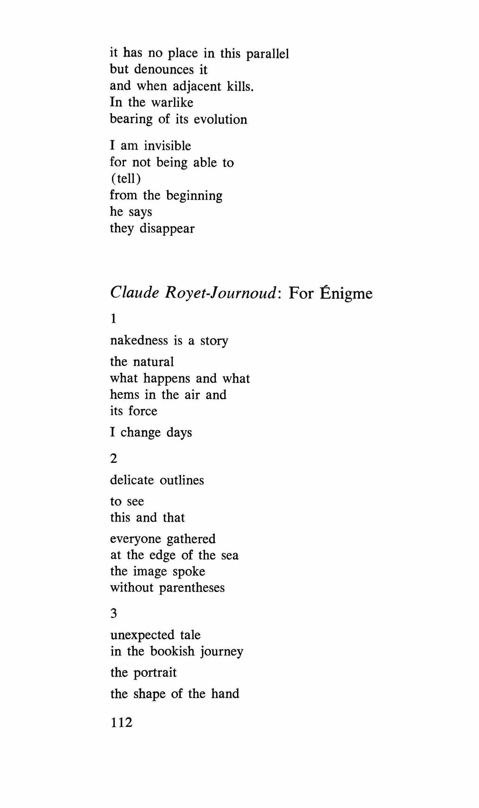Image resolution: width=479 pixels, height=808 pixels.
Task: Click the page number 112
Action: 121,722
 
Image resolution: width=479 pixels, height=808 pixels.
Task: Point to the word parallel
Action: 267,54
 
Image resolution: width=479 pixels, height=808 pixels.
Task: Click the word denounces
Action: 164,69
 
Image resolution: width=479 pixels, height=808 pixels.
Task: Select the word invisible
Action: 167,146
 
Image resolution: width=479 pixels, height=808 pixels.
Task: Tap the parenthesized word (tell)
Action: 126,179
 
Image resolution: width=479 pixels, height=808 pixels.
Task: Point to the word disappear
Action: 167,228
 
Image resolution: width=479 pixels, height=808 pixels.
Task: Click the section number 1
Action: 113,319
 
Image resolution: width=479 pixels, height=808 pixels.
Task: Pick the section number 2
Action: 113,458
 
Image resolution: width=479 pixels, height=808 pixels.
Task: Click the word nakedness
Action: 139,341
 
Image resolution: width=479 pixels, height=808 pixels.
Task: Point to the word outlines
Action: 182,480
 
